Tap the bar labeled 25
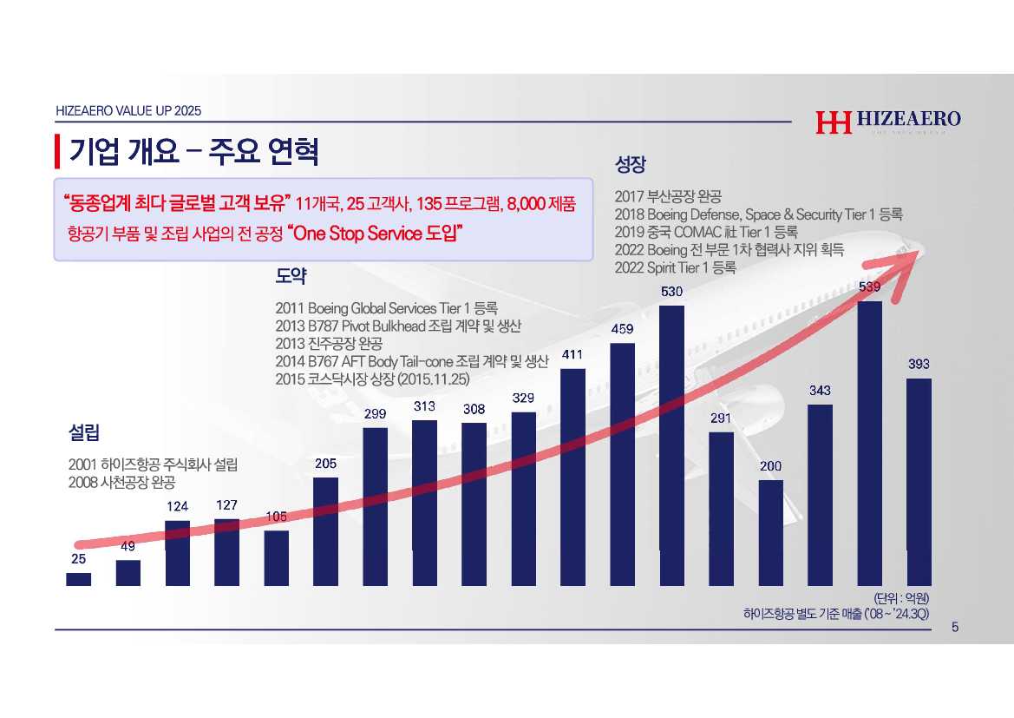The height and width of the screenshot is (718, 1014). (78, 579)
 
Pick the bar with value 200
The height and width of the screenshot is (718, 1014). (770, 532)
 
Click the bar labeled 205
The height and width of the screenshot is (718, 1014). (325, 531)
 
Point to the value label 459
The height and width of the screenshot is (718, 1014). (623, 329)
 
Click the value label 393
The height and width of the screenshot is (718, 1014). (919, 365)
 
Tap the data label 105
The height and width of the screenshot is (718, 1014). (276, 517)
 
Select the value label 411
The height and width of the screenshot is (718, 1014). (572, 354)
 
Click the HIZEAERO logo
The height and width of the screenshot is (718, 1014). (887, 122)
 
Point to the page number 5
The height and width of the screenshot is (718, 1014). (955, 628)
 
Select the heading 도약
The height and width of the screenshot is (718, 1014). (291, 276)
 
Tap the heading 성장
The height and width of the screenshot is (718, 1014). (631, 163)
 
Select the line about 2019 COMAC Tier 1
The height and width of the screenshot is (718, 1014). (705, 232)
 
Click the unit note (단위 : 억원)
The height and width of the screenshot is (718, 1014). (901, 598)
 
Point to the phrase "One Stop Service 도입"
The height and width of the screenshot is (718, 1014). (373, 233)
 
